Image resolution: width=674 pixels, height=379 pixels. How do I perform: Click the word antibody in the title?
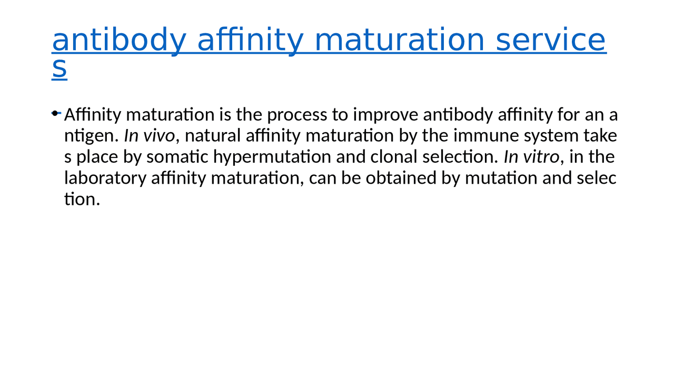click(x=118, y=41)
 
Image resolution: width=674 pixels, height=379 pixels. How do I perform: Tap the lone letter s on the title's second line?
click(x=60, y=69)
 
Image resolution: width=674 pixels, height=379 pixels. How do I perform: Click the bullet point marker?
click(x=55, y=113)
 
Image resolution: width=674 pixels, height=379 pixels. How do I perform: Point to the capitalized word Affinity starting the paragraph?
click(x=93, y=115)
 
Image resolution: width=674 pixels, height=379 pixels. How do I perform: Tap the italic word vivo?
click(x=158, y=136)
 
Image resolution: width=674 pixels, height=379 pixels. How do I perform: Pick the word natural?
click(x=213, y=136)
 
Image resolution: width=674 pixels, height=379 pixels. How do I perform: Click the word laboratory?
click(x=105, y=178)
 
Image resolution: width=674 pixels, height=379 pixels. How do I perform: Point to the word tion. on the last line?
click(x=82, y=199)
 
